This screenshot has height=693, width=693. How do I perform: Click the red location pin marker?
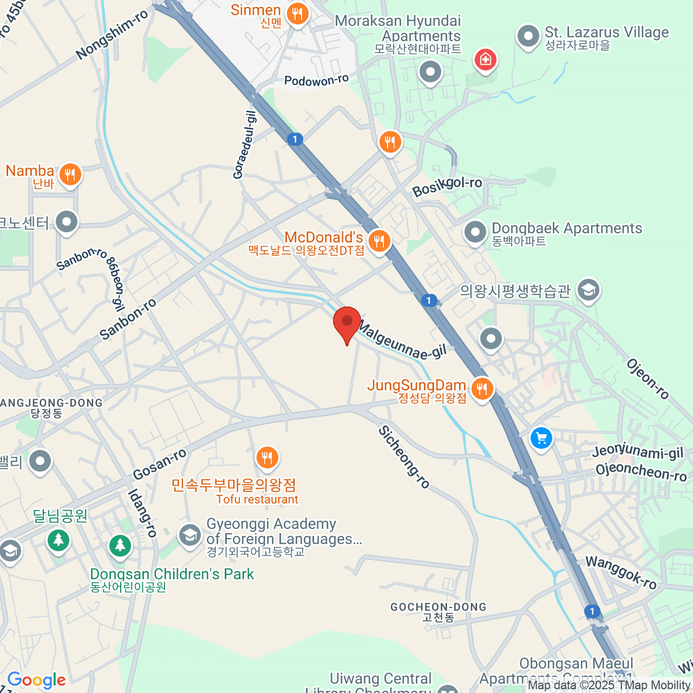point(347,322)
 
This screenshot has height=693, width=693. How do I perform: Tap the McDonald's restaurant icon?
point(379,241)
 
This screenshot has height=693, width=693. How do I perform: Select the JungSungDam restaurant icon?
point(482,389)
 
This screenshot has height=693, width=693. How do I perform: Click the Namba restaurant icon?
point(70,174)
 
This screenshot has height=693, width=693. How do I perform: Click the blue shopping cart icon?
point(541,438)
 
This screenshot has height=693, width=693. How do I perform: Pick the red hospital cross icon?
point(485,59)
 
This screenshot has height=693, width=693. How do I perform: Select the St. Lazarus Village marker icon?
point(528,36)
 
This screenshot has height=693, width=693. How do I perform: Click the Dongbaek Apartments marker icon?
point(475,233)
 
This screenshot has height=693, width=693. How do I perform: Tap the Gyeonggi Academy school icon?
point(189,535)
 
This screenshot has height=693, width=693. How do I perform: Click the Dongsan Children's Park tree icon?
point(120,545)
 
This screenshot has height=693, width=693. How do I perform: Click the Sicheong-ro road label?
point(404,457)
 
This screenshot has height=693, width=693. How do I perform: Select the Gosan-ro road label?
point(159,464)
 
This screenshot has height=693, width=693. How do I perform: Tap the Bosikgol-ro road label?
point(447,187)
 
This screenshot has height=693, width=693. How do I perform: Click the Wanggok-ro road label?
point(621,572)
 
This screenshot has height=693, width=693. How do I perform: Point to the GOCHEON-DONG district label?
point(438,607)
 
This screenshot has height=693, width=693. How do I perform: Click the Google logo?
point(36,680)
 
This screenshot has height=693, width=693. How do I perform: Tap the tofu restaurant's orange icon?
point(266,458)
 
